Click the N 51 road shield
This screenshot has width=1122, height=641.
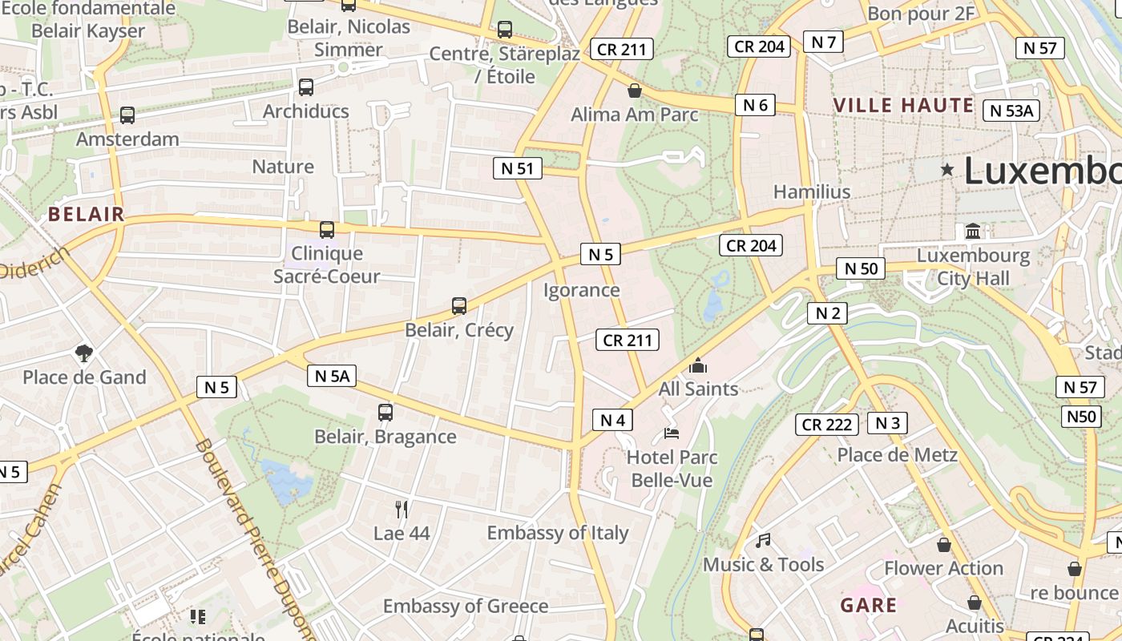517,168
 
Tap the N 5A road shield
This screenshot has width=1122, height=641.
331,376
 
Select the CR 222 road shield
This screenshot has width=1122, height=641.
827,425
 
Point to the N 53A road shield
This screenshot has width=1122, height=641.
1011,111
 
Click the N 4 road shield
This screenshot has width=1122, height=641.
612,419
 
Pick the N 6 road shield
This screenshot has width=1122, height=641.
755,105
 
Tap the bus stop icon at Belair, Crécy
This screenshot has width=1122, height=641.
459,305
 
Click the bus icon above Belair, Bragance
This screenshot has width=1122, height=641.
385,413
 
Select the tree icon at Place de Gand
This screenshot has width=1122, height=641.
83,353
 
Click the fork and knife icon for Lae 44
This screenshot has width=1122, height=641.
402,509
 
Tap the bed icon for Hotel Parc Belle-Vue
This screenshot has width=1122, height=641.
672,433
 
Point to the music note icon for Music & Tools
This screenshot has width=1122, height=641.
763,541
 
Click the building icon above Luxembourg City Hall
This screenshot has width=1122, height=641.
973,232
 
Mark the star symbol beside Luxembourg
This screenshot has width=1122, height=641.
947,170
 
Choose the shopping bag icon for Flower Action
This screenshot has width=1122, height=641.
944,545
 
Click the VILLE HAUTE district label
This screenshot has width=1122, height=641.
903,105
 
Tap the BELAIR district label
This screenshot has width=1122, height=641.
87,214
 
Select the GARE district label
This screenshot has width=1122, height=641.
869,605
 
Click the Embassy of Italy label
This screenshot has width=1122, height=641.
558,533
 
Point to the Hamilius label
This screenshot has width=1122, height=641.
812,192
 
